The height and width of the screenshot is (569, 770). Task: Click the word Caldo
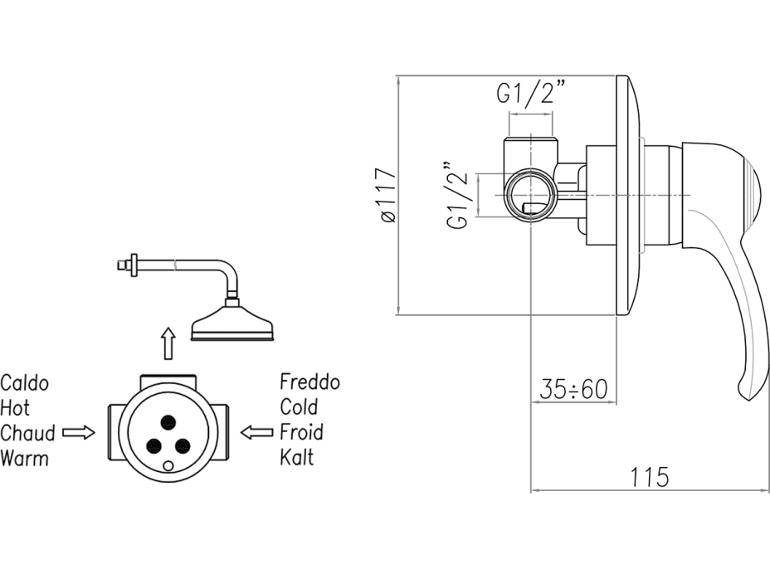click(x=25, y=383)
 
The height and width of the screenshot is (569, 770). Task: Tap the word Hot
click(x=15, y=408)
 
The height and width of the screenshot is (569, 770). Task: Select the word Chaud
click(x=28, y=433)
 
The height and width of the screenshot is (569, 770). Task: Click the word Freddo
click(x=309, y=382)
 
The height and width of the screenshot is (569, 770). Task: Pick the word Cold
click(x=299, y=407)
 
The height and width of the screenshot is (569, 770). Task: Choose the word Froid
click(x=301, y=432)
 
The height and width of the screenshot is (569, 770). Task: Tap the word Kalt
click(x=297, y=457)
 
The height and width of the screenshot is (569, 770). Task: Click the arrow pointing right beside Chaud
click(x=80, y=432)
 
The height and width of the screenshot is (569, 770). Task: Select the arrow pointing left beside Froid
click(x=256, y=432)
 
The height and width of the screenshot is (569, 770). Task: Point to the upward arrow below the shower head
click(x=168, y=343)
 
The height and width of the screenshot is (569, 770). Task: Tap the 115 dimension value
click(x=650, y=477)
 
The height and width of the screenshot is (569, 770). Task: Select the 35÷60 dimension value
click(x=573, y=388)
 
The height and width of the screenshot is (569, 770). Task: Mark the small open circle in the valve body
click(x=171, y=466)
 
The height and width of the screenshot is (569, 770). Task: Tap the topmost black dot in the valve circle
click(x=170, y=420)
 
